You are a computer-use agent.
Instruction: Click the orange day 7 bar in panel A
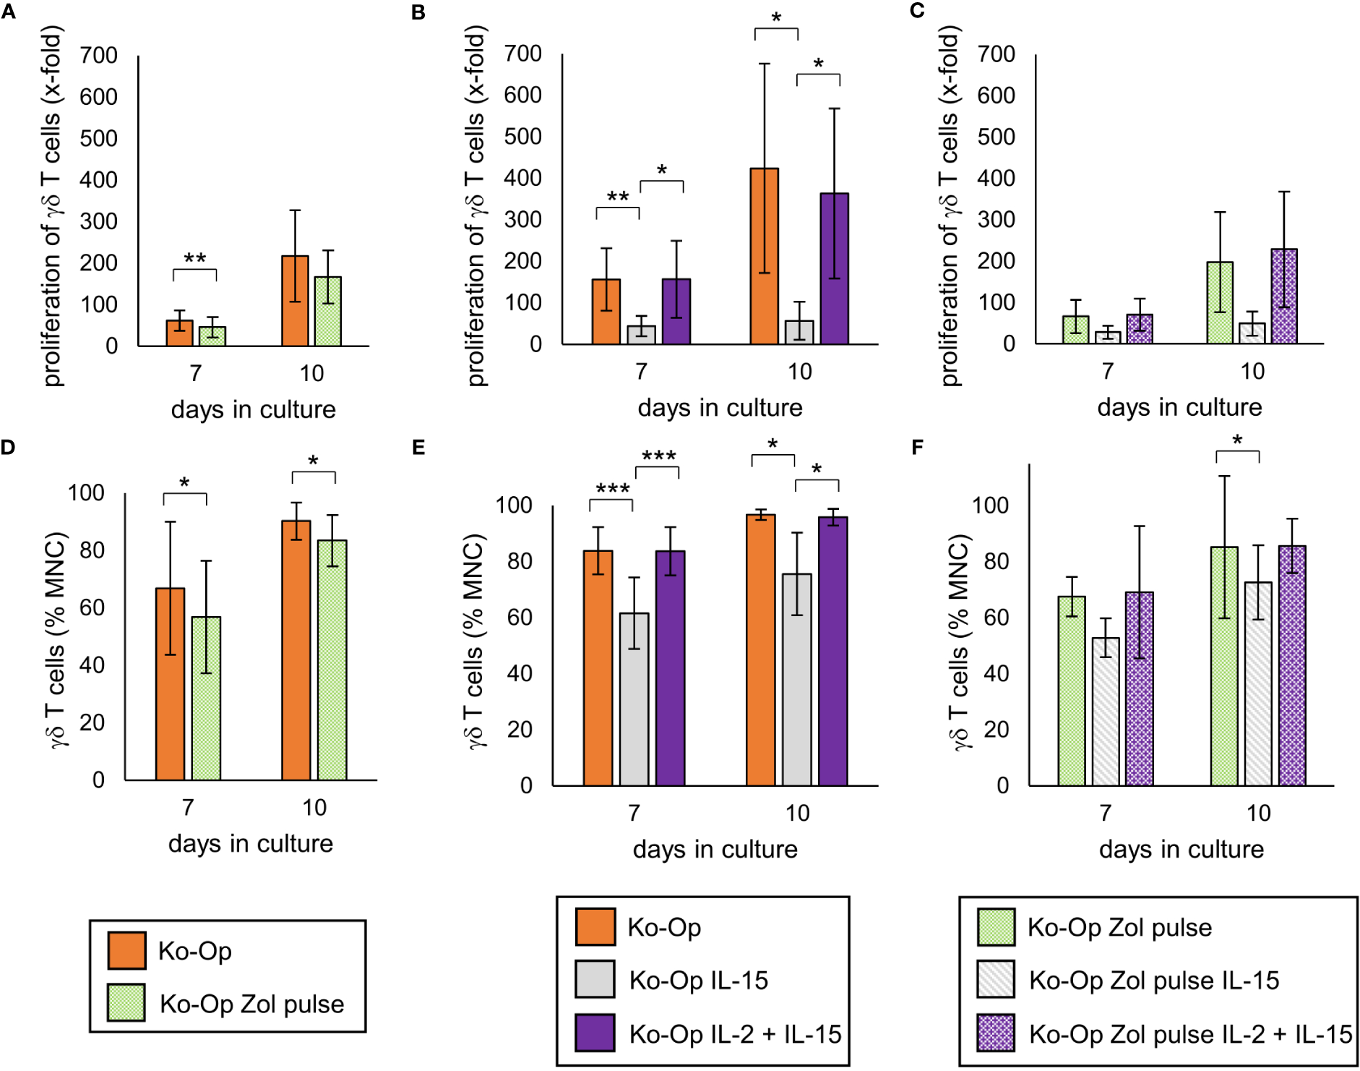179,333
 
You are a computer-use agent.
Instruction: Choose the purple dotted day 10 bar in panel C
1284,296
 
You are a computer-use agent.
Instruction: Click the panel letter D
8,447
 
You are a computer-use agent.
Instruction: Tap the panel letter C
917,11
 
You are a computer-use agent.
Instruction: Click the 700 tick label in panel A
98,56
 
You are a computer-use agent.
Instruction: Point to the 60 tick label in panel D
92,607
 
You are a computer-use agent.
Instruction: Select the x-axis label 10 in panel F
1258,813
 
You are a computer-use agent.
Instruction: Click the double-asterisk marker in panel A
194,258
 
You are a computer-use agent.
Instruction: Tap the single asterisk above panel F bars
1237,440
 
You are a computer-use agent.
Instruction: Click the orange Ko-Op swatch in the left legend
126,950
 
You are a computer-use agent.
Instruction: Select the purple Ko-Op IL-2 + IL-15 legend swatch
595,1033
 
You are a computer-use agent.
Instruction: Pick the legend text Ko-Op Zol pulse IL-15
1154,981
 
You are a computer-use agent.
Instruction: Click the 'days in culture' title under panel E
715,849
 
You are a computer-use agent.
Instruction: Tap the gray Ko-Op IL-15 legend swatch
595,979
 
